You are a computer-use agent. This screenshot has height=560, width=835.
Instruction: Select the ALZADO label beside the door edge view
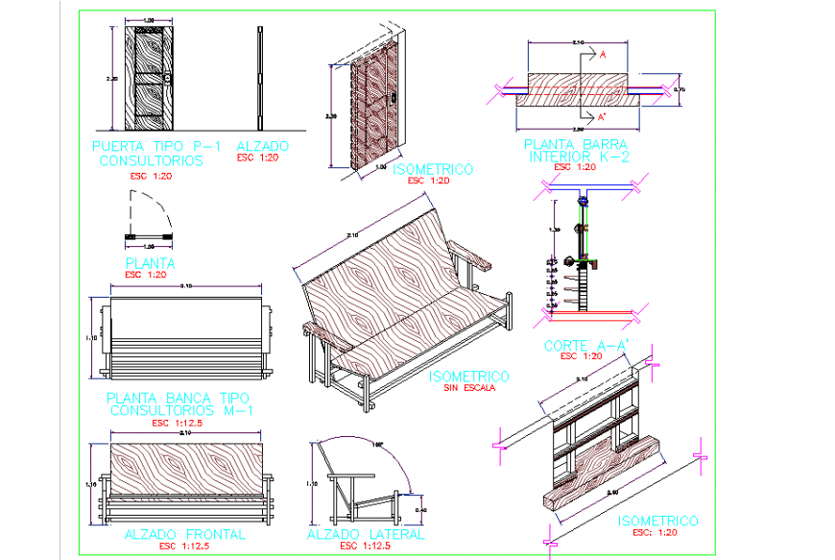[x=262, y=146]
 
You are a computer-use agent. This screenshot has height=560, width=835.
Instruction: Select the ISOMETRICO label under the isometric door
[x=434, y=169]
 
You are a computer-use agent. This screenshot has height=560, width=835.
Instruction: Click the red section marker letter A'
[x=602, y=116]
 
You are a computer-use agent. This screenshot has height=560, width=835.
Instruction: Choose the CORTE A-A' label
[x=579, y=345]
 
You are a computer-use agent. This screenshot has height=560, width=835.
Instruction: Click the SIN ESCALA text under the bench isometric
[x=469, y=388]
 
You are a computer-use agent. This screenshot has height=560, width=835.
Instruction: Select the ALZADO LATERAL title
[x=366, y=534]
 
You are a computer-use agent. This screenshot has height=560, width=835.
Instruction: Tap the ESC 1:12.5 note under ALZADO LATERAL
[x=365, y=547]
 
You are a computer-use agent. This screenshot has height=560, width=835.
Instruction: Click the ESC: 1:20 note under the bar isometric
[x=657, y=533]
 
